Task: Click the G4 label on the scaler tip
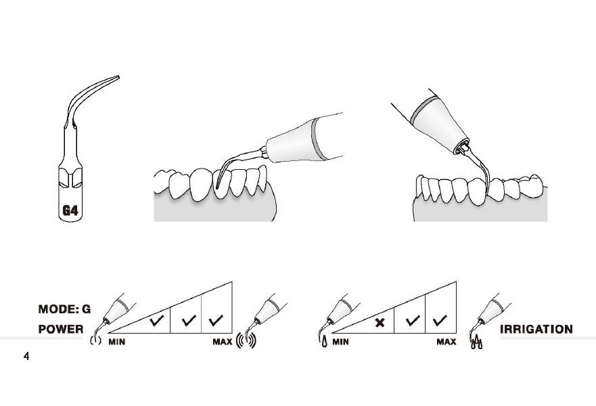point(70,210)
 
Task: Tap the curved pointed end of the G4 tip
point(118,77)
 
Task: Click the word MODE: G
point(65,309)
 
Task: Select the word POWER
point(61,330)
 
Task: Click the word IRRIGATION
point(536,330)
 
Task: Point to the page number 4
point(26,356)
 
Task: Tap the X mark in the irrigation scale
point(380,323)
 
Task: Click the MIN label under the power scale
point(116,342)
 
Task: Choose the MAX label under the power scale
point(223,342)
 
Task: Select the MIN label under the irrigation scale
point(340,342)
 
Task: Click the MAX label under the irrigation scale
point(446,342)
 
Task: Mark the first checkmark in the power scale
point(156,321)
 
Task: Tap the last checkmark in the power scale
point(216,321)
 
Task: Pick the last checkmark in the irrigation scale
point(440,321)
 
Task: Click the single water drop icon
point(324,342)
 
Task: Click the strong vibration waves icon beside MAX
point(246,340)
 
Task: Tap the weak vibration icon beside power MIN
point(95,340)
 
